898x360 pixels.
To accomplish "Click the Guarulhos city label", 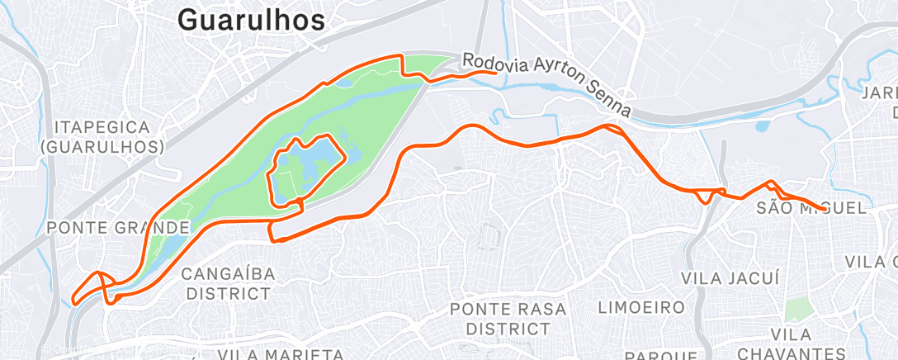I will coord(251,20).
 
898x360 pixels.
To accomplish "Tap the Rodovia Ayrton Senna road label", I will coord(546,84).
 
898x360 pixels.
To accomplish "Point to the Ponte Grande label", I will coord(119,227).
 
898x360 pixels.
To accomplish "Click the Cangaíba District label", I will coord(227,283).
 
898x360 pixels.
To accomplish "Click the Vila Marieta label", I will coord(281,354).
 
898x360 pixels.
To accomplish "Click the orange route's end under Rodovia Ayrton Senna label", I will coord(495,73).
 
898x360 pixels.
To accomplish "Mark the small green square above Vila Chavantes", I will coord(798,311).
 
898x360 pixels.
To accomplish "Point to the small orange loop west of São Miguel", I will coord(704,197).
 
